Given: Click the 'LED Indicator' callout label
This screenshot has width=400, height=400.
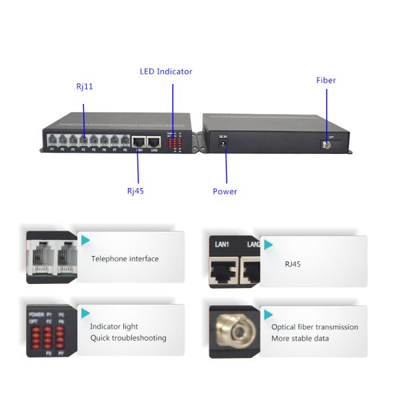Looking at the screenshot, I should (166, 71).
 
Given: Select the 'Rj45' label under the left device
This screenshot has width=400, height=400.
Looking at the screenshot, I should (135, 191).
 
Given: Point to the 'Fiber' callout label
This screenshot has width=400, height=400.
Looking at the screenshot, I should (326, 80).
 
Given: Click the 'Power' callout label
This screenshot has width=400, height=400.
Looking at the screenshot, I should (225, 191).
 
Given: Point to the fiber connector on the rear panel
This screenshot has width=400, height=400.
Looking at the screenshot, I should (326, 144).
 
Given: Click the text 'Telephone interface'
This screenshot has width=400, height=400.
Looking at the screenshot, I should (125, 259).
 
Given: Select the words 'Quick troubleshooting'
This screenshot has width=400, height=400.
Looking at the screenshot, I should (128, 338).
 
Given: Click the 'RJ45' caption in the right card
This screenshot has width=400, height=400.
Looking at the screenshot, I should (293, 264).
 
